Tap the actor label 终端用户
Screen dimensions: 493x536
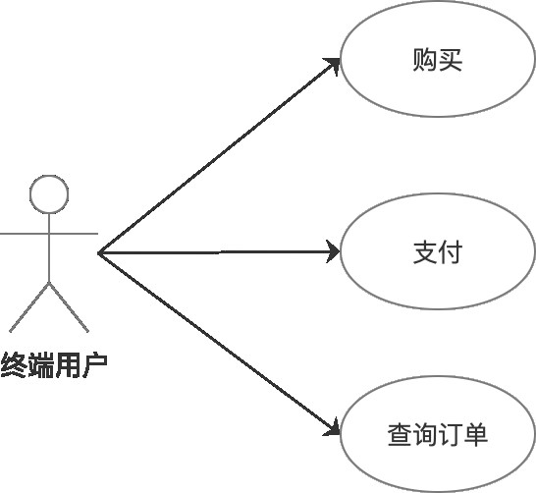pos(54,366)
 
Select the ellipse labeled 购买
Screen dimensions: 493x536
pos(437,61)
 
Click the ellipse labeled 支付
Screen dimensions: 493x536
pos(437,252)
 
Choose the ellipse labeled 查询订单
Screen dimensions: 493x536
pos(437,434)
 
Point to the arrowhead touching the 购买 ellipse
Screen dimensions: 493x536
pos(333,66)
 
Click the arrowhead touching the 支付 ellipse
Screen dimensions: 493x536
pos(332,253)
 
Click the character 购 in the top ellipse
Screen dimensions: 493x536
pos(425,61)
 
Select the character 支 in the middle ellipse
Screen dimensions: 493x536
pos(425,252)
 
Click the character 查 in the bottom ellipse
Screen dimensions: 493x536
pos(400,434)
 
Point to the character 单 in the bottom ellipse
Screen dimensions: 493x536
pos(475,434)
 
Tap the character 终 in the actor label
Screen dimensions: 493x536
pos(15,366)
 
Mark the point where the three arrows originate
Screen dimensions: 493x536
pos(99,253)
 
